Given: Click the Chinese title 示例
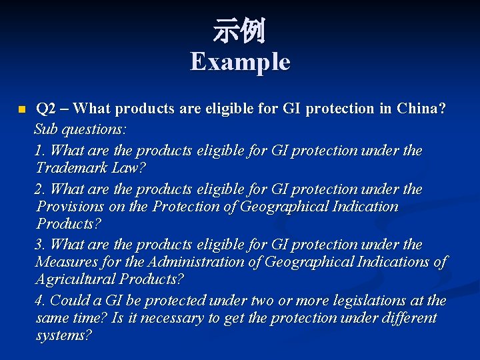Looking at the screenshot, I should coord(239,31).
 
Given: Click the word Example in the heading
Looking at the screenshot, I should coord(240,62).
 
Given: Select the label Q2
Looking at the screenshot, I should coord(46,109).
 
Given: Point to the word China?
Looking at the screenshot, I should coord(421,109).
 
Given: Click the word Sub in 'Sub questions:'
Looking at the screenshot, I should coord(47,127).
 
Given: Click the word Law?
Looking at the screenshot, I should coord(128,168).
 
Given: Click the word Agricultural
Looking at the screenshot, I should coord(75,279).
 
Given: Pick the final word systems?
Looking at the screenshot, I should coord(64,335).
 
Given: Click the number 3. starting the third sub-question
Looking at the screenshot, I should coord(40,245).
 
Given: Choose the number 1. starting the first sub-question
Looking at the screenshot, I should coord(40,151).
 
